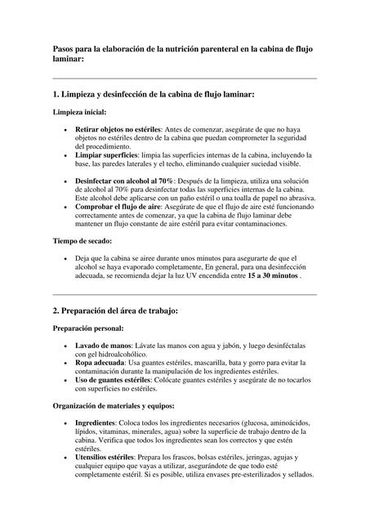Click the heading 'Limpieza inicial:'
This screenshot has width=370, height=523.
click(x=79, y=112)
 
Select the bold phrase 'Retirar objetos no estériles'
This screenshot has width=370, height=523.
click(x=118, y=130)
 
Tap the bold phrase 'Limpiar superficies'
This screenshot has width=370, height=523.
click(x=108, y=154)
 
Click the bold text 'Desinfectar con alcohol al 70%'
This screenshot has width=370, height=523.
click(x=124, y=180)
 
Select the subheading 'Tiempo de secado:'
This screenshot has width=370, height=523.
click(x=82, y=241)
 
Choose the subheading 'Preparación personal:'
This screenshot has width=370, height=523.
click(x=88, y=329)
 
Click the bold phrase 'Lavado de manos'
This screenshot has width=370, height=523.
click(x=103, y=346)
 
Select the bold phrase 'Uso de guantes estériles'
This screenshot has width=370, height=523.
click(x=113, y=380)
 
